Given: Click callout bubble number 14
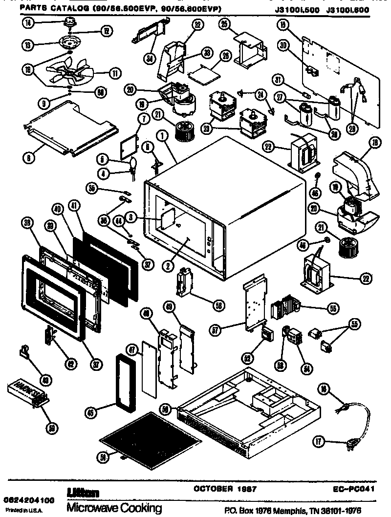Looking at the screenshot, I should (x=25, y=22).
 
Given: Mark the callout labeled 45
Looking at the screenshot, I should (x=90, y=411).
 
